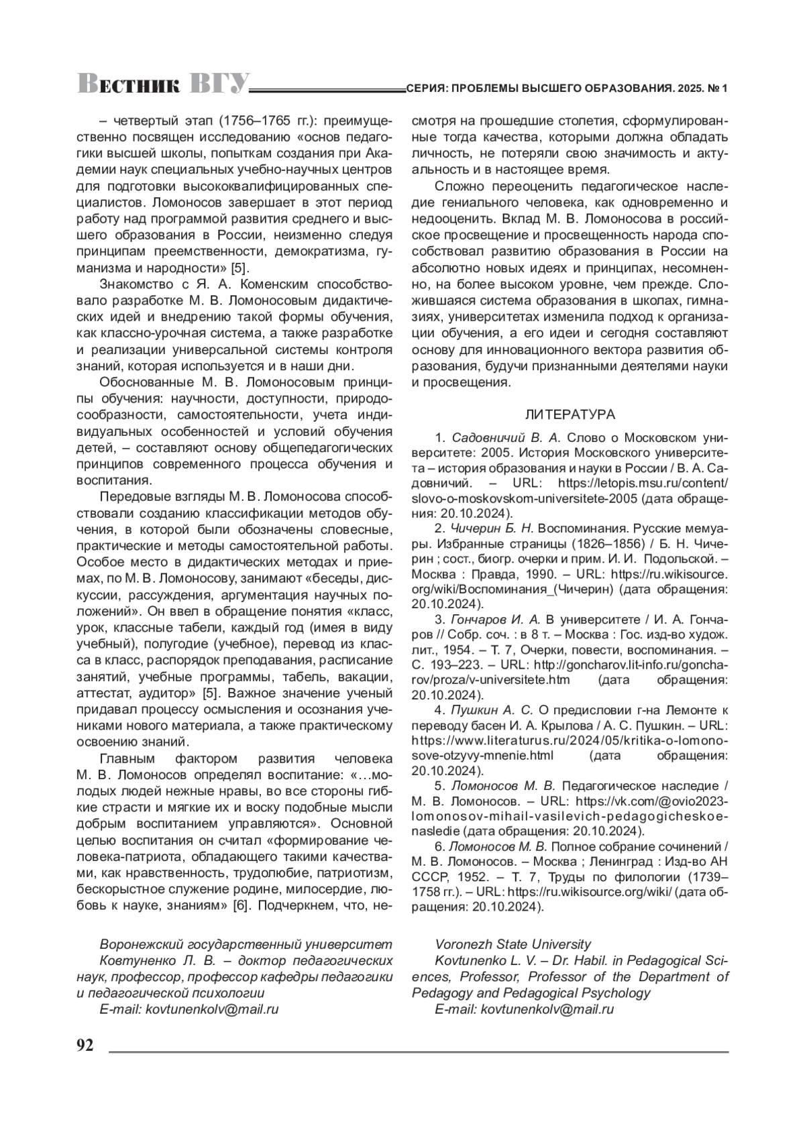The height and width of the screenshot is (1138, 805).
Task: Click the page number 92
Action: [85, 1046]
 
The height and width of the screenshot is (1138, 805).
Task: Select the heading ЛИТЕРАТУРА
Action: [570, 414]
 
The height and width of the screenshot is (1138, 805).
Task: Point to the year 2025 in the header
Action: [689, 89]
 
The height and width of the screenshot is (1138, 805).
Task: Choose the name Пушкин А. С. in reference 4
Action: [492, 709]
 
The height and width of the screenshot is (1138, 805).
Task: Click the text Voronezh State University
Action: [513, 944]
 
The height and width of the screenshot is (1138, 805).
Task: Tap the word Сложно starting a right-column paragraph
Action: [457, 186]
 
